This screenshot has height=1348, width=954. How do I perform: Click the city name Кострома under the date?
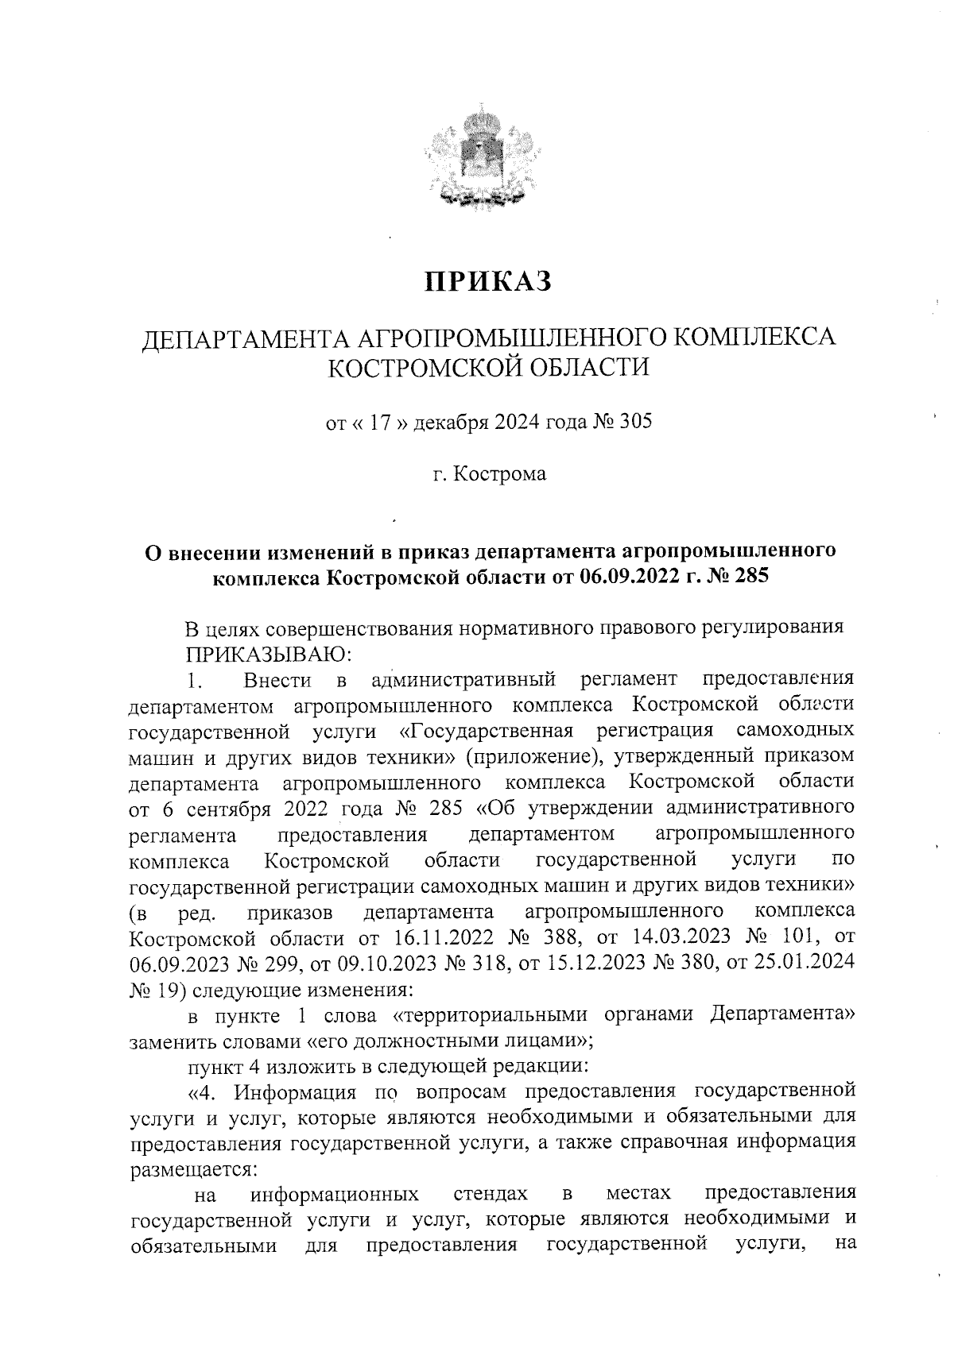click(500, 474)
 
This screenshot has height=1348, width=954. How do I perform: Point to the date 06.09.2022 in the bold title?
click(633, 576)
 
